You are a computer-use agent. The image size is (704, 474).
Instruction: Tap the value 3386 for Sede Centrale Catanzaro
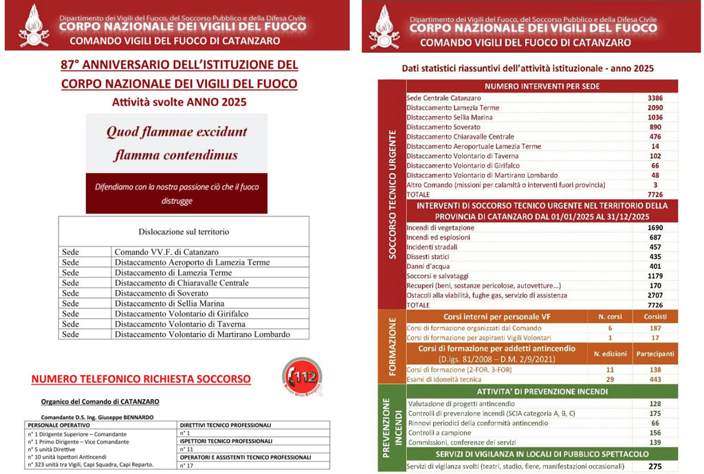coord(654,98)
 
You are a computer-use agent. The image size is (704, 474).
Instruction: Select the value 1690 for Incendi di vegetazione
coord(654,227)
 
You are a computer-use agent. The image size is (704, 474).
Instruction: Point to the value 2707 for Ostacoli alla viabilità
coord(654,295)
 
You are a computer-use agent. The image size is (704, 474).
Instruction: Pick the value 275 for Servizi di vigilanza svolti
coord(654,467)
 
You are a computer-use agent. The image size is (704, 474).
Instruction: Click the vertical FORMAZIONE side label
coord(392,349)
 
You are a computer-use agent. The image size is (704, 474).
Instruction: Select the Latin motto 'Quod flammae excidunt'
coord(177,133)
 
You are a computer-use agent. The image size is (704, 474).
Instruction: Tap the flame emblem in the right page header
coord(384,26)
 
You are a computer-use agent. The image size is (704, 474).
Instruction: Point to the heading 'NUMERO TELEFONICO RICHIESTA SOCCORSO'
coord(141,379)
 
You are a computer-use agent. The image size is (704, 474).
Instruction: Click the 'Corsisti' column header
coord(654,317)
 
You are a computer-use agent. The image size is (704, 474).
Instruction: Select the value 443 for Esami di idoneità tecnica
coord(654,380)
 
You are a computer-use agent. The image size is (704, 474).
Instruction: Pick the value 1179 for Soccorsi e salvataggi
coord(654,275)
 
